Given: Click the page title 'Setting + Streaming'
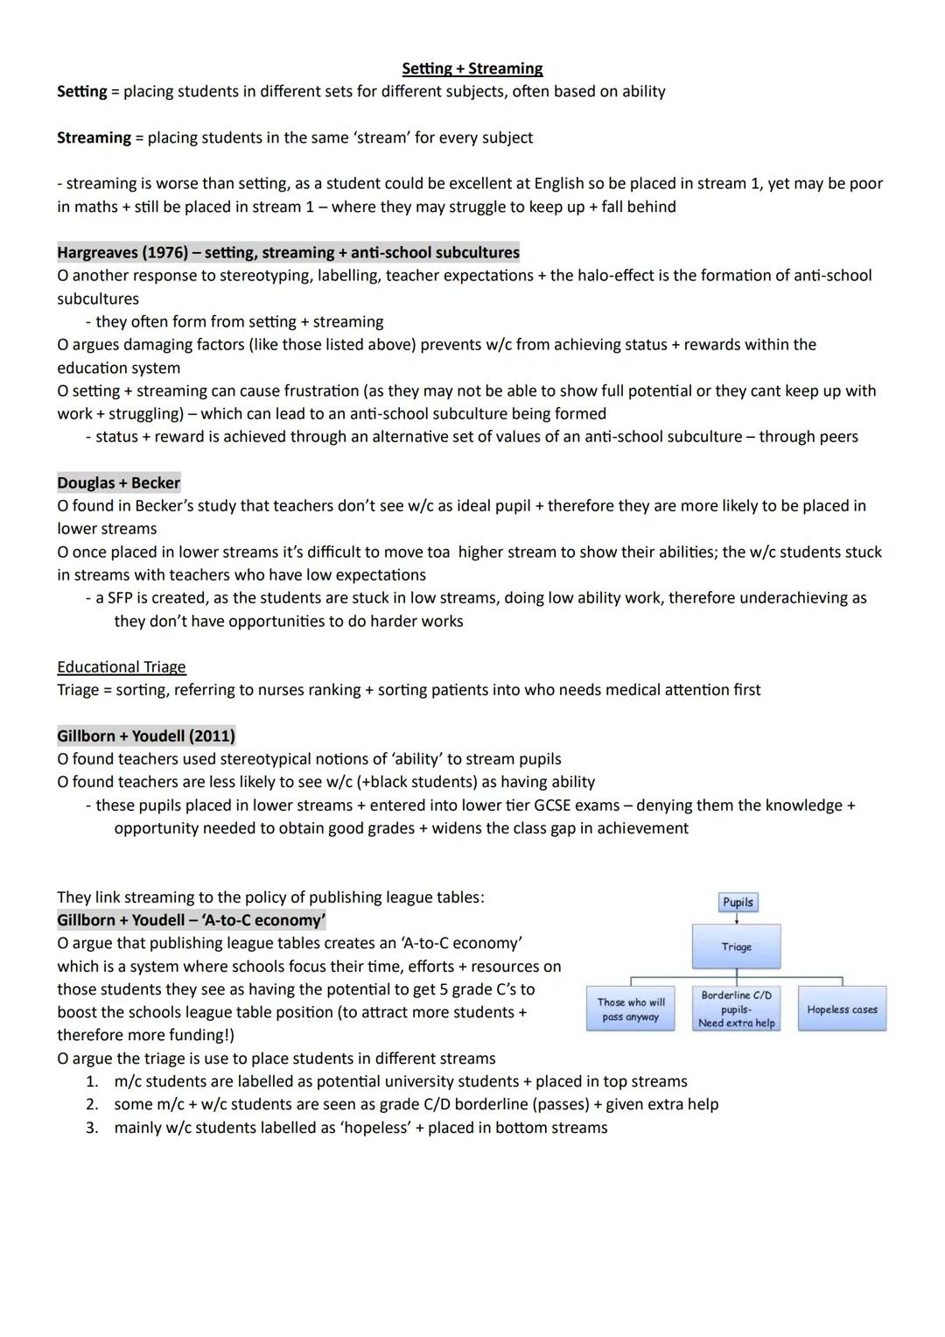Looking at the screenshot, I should point(472,68).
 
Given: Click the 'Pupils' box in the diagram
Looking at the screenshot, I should point(738,902).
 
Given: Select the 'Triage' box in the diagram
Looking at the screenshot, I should point(736,946).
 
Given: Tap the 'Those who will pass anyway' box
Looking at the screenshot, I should point(630,1010).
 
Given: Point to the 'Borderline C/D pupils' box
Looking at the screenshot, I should point(736,1009).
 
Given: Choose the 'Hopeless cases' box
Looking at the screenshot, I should point(842,1010).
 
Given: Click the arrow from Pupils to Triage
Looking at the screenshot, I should point(737,918).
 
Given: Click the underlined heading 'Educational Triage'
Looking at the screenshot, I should point(121,667).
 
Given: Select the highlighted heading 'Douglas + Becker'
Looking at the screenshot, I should point(118,482).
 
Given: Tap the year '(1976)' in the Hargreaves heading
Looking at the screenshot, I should point(164,252).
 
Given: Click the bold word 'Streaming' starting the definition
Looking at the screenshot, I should point(94,137).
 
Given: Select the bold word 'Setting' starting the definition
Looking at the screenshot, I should point(81,91).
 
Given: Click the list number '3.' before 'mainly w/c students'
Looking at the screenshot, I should point(92,1128).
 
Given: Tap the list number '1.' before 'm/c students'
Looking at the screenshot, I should point(92,1081).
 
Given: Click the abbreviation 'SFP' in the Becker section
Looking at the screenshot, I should point(122,598).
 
